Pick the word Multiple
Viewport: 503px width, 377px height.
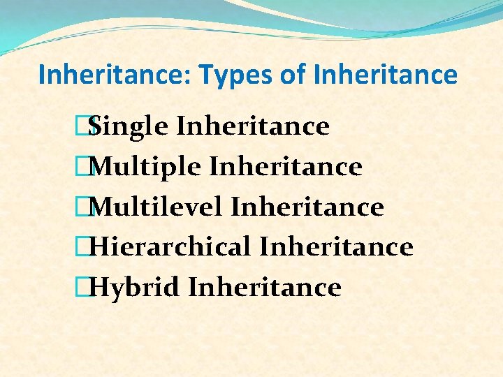click(x=147, y=168)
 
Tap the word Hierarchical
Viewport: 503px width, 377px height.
click(x=171, y=247)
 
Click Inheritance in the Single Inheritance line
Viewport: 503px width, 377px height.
click(x=253, y=127)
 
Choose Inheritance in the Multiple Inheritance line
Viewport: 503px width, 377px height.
click(x=286, y=167)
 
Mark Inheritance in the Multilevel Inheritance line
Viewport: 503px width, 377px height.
click(x=307, y=207)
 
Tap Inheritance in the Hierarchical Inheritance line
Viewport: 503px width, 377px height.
click(x=336, y=247)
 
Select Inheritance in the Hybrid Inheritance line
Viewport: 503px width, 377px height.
click(x=265, y=287)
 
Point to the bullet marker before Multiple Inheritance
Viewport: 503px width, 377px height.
click(x=87, y=167)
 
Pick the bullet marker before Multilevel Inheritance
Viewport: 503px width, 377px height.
click(x=87, y=207)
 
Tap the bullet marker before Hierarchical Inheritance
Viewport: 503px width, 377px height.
click(x=87, y=247)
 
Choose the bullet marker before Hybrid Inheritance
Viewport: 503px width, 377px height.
click(x=87, y=287)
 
